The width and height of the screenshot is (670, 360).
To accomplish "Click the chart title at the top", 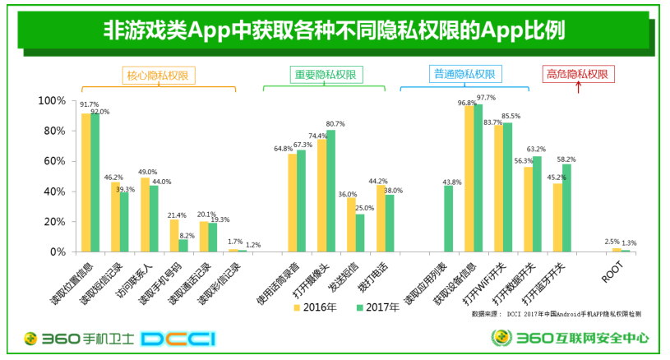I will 335,31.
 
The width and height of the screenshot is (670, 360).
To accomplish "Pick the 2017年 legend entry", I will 377,307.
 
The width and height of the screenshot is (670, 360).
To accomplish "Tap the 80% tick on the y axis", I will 54,131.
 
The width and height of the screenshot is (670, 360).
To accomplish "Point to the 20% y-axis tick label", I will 54,222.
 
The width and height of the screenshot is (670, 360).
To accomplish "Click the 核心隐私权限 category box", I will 157,75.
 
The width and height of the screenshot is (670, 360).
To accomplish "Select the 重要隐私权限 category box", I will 326,75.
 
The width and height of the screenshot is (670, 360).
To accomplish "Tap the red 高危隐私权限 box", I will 577,75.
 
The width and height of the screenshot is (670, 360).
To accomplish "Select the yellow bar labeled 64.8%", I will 293,202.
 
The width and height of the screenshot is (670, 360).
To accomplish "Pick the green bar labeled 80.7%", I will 330,191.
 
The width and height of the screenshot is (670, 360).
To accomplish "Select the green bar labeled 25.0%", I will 360,233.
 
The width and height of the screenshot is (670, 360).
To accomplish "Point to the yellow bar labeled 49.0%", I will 145,215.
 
